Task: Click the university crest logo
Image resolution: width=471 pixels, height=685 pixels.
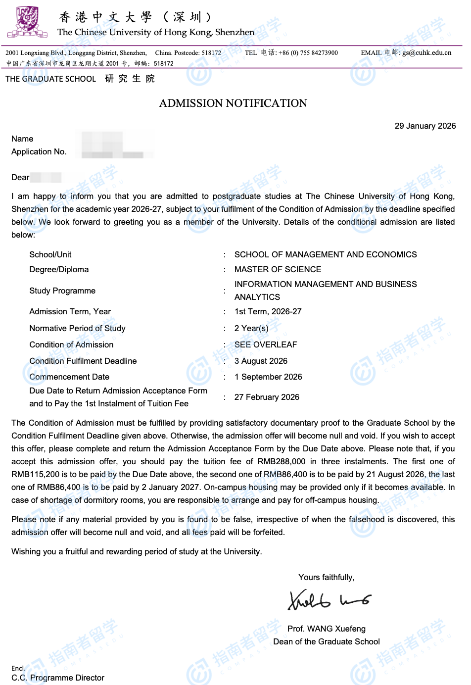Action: pos(27,22)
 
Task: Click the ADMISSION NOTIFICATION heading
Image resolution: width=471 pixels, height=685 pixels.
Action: pos(233,103)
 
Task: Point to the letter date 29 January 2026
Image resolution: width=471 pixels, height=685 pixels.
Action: pos(425,126)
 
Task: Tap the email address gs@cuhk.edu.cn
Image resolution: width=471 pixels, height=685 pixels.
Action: pos(426,53)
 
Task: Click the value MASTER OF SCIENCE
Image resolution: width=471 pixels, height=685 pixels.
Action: pos(278,269)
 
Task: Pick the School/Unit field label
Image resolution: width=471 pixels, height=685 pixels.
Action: pos(50,254)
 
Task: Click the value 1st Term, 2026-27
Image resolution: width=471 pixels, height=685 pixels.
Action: pos(268,311)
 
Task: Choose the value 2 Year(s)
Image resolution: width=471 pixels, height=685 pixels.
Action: pos(251,328)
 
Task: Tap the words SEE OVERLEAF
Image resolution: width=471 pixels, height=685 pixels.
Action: pos(266,344)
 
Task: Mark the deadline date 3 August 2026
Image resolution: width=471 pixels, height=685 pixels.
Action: pos(261,361)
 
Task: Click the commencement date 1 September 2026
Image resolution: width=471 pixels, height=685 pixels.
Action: pos(268,377)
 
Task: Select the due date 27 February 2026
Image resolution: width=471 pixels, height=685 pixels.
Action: pos(267,397)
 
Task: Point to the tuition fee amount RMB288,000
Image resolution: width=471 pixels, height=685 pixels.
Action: pos(282,461)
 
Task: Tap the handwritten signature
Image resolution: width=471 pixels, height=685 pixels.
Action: pos(329,600)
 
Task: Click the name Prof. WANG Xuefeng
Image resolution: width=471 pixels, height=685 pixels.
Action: pos(327,629)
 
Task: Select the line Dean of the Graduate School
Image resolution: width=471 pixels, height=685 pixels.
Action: pos(327,641)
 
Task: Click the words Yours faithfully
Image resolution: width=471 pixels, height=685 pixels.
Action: pos(326,577)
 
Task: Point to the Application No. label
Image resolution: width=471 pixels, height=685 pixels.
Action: pos(39,151)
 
